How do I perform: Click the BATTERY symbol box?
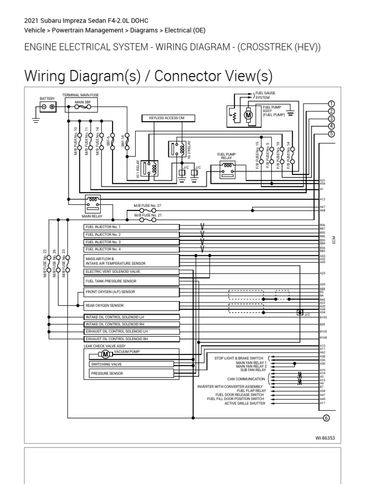point(47,107)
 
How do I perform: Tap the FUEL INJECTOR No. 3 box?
point(132,242)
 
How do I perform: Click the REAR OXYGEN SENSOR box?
point(132,306)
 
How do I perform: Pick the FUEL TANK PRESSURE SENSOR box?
point(132,281)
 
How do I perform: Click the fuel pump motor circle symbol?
point(248,115)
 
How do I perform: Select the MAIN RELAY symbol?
point(93,201)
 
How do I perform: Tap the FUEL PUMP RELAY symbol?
point(227,168)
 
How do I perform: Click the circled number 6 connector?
point(327,418)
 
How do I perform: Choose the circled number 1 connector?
point(331,103)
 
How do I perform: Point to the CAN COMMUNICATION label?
point(246,379)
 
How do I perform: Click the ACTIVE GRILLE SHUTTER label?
point(245,403)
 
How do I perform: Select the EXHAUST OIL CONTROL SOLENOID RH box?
point(132,339)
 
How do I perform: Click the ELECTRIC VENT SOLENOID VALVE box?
point(132,271)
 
